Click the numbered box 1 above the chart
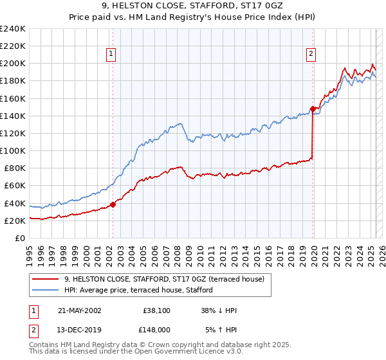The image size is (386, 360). point(112,55)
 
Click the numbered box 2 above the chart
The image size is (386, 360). point(311,55)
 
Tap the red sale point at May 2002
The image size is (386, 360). point(113,204)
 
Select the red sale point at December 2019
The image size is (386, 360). point(313,109)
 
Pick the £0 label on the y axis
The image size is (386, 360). point(20,238)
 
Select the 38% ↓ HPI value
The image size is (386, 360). point(220,310)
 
